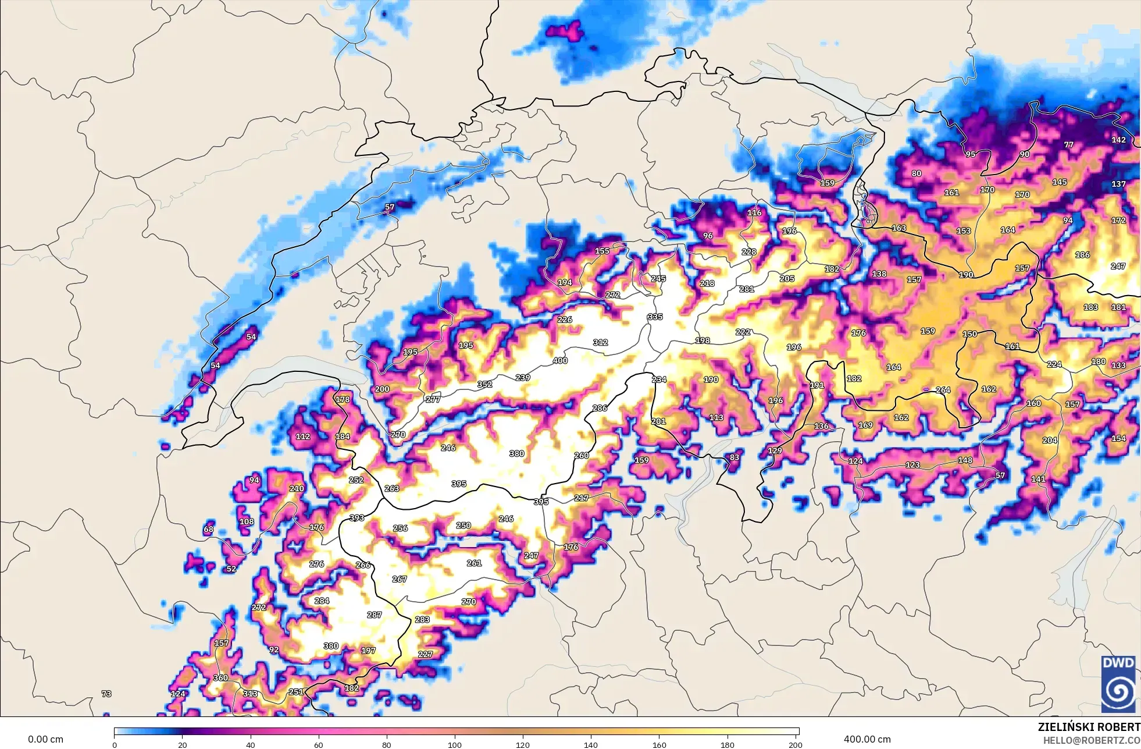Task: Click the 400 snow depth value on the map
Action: [560, 361]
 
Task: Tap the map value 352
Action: [484, 384]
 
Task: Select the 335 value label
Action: [655, 317]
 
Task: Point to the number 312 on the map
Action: [600, 342]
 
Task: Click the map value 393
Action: [356, 518]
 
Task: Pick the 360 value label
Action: [220, 677]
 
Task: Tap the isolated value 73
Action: [106, 694]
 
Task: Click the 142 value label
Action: [1118, 140]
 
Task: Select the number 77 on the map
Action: [1069, 144]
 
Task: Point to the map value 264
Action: [943, 390]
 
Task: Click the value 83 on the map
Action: [734, 457]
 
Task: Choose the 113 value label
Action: [716, 417]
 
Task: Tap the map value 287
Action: [375, 615]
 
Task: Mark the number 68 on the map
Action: [208, 529]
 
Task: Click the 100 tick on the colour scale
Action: [455, 744]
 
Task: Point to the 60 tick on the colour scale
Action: [319, 744]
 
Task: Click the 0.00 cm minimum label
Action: [45, 739]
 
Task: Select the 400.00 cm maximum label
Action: [867, 739]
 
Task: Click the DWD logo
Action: [1118, 684]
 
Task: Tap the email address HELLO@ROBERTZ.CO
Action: [1091, 740]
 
